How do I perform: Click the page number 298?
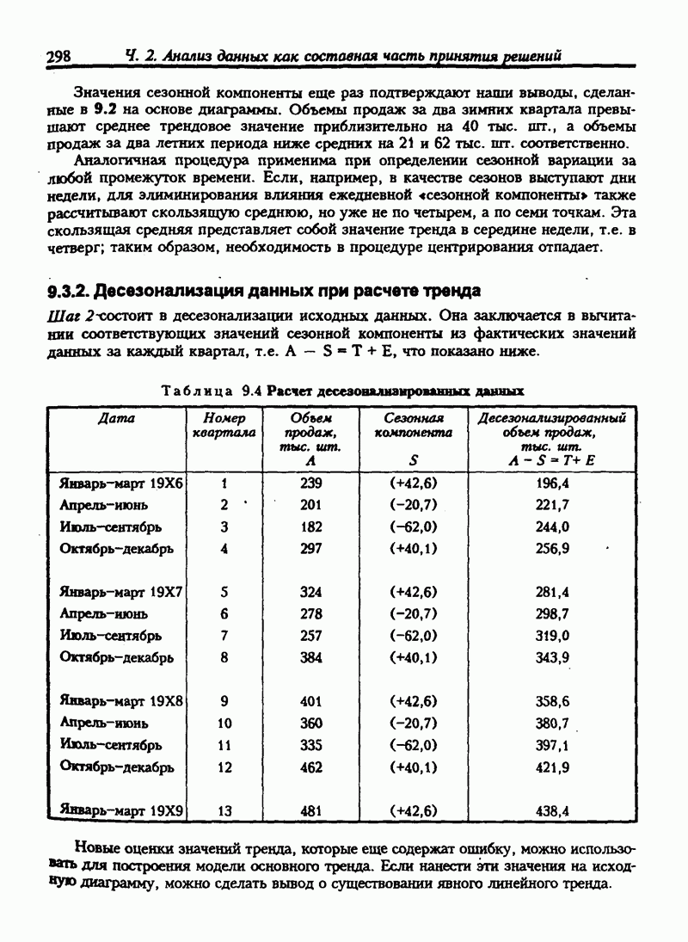click(58, 57)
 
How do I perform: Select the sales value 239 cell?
click(310, 483)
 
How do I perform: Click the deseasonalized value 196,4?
click(552, 483)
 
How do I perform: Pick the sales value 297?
click(310, 548)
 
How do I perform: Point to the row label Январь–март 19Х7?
click(121, 592)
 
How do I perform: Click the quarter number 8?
click(224, 657)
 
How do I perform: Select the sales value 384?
click(310, 657)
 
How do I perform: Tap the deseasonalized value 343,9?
click(552, 657)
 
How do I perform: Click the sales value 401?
click(310, 701)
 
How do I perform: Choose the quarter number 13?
click(225, 810)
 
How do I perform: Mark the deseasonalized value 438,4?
click(552, 810)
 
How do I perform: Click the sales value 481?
click(310, 810)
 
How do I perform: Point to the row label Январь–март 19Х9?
click(121, 810)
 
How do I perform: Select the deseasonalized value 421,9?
click(552, 767)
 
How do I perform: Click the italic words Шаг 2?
click(66, 317)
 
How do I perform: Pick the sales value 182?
click(310, 526)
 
